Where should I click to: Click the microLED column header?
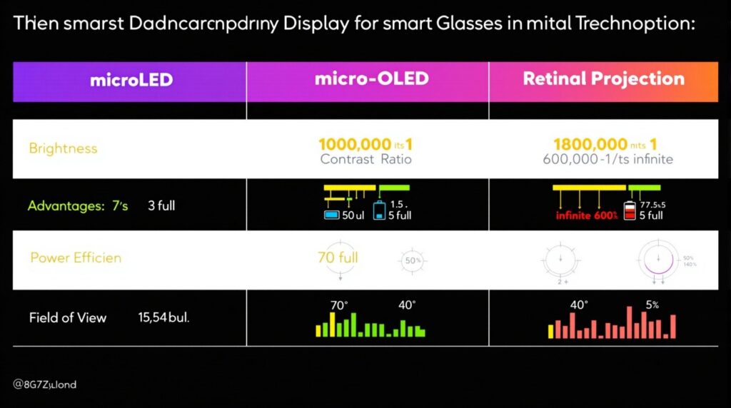click(x=131, y=79)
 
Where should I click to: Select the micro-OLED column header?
click(x=371, y=78)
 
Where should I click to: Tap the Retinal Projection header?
click(x=603, y=78)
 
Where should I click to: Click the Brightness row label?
click(x=63, y=148)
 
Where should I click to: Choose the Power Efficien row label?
click(x=76, y=257)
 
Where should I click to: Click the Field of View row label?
click(x=68, y=317)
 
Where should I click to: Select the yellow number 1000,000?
click(x=355, y=144)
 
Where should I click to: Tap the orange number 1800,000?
click(x=590, y=144)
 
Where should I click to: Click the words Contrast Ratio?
click(x=365, y=159)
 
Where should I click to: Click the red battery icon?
click(x=630, y=211)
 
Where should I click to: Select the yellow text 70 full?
click(x=338, y=257)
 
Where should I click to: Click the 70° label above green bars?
click(x=338, y=305)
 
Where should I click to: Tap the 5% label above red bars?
click(x=651, y=305)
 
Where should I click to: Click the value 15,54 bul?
click(x=163, y=317)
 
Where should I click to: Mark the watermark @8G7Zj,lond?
click(x=44, y=384)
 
